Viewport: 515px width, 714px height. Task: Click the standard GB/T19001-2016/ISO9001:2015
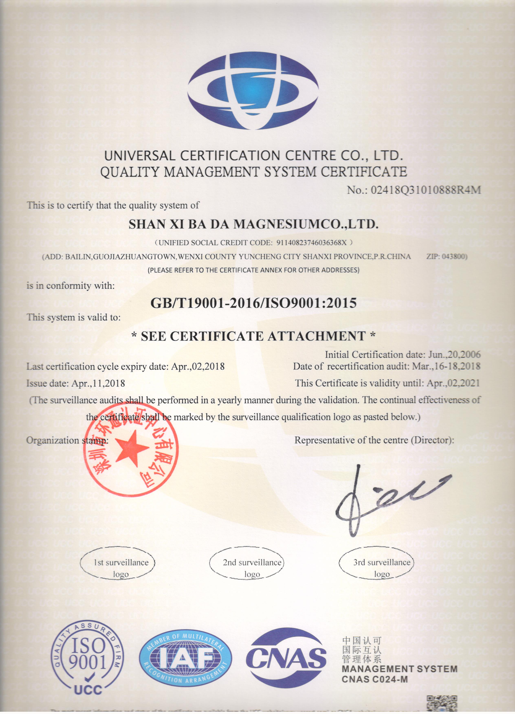pyautogui.click(x=254, y=303)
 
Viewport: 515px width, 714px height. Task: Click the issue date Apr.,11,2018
pyautogui.click(x=98, y=383)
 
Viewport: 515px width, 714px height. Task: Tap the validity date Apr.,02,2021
pyautogui.click(x=453, y=383)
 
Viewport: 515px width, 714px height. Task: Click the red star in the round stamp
pyautogui.click(x=131, y=448)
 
